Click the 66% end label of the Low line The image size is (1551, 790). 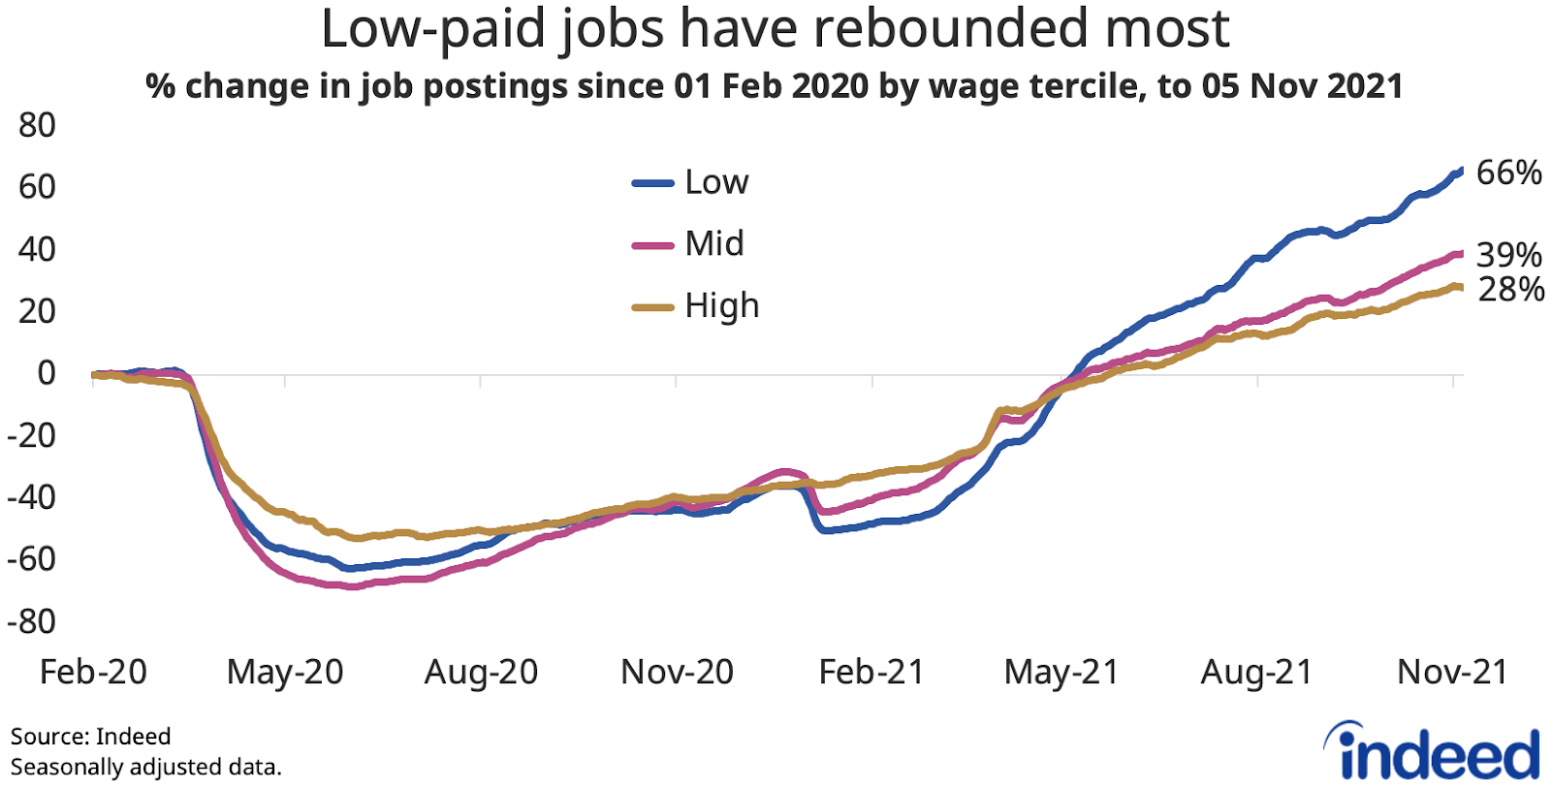click(x=1508, y=174)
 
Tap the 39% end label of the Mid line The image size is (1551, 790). click(x=1508, y=255)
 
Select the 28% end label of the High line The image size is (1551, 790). click(x=1510, y=289)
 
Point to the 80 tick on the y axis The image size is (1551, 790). click(x=37, y=125)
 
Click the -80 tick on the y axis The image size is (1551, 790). click(x=31, y=621)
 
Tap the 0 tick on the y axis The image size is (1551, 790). click(x=46, y=373)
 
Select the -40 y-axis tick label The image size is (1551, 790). click(x=31, y=497)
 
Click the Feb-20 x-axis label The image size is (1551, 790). click(x=93, y=672)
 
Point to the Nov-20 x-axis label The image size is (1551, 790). click(x=677, y=672)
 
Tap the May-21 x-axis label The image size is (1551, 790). click(x=1061, y=672)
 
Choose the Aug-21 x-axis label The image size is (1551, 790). click(x=1256, y=672)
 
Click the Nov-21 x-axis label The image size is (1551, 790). click(x=1452, y=672)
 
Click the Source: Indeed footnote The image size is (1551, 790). click(x=90, y=737)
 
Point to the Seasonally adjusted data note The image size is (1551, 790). click(x=145, y=767)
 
